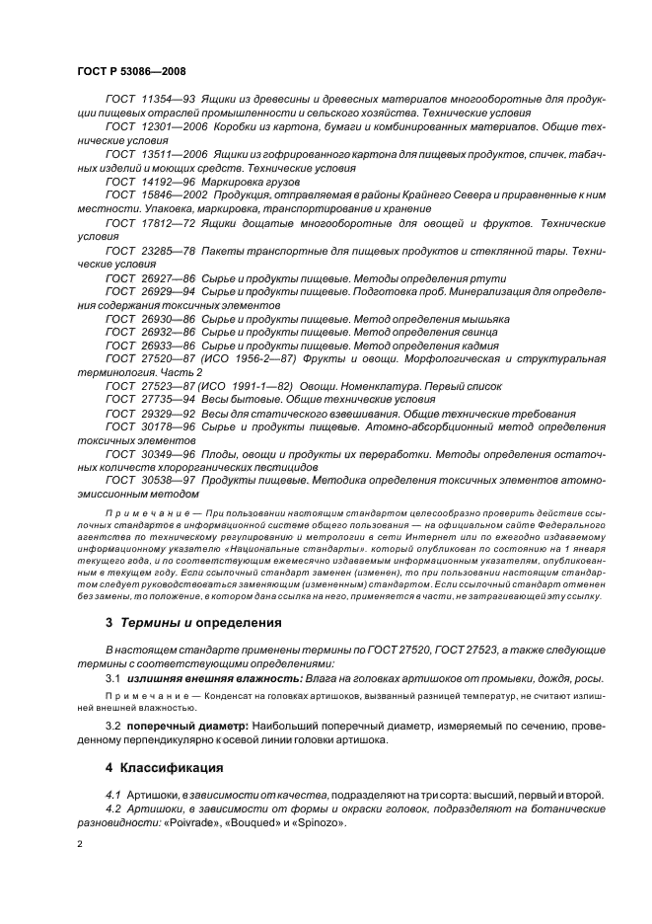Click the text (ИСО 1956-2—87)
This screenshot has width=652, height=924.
[258, 361]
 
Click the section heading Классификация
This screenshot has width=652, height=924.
[177, 766]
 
